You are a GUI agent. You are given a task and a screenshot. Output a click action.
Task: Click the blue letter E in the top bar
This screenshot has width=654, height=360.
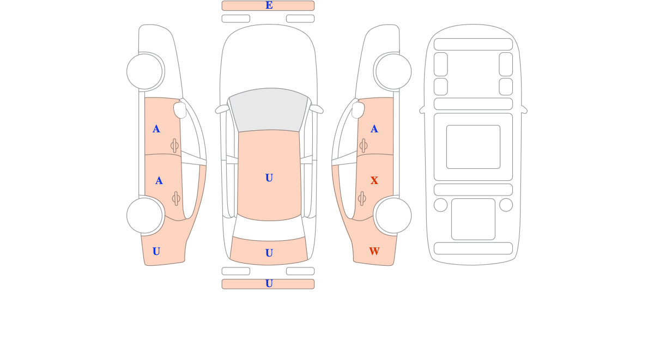[x=269, y=5]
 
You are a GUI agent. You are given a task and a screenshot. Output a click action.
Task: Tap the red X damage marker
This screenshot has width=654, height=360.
[x=374, y=181]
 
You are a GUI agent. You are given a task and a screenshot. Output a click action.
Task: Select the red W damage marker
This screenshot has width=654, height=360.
[x=374, y=251]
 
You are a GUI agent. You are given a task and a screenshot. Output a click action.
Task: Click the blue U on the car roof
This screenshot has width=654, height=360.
[x=269, y=178]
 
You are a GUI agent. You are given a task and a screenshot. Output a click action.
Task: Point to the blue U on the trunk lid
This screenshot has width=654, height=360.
[x=269, y=253]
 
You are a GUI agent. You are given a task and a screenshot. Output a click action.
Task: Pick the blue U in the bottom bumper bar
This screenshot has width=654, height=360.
[x=269, y=283]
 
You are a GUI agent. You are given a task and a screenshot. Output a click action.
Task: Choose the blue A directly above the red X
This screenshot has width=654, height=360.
[x=374, y=129]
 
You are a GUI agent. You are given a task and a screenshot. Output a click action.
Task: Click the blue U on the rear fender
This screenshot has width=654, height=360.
[x=156, y=251]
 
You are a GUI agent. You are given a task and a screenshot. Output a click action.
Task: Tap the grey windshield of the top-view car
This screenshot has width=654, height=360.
[x=269, y=110]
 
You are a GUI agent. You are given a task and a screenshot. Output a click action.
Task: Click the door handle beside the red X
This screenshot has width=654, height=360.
[x=362, y=199]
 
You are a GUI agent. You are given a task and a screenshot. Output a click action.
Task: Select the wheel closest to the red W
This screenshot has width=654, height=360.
[x=393, y=216]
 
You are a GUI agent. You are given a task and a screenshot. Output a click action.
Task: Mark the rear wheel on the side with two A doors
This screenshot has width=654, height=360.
[x=144, y=216]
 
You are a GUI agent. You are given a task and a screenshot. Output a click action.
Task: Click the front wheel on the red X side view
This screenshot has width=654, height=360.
[x=393, y=71]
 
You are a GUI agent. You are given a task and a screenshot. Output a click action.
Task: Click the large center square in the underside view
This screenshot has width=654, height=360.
[x=473, y=147]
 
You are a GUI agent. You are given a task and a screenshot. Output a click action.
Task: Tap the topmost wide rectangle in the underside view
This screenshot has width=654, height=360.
[x=473, y=44]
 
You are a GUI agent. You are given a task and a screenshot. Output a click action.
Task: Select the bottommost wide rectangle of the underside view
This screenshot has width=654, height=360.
[x=473, y=248]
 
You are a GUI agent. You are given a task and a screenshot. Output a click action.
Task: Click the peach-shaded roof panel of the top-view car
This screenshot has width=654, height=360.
[x=269, y=175]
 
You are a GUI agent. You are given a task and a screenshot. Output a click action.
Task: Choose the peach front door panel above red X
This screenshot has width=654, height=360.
[x=376, y=126]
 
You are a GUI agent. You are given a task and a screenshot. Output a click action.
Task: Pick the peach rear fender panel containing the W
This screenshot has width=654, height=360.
[x=371, y=242]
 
